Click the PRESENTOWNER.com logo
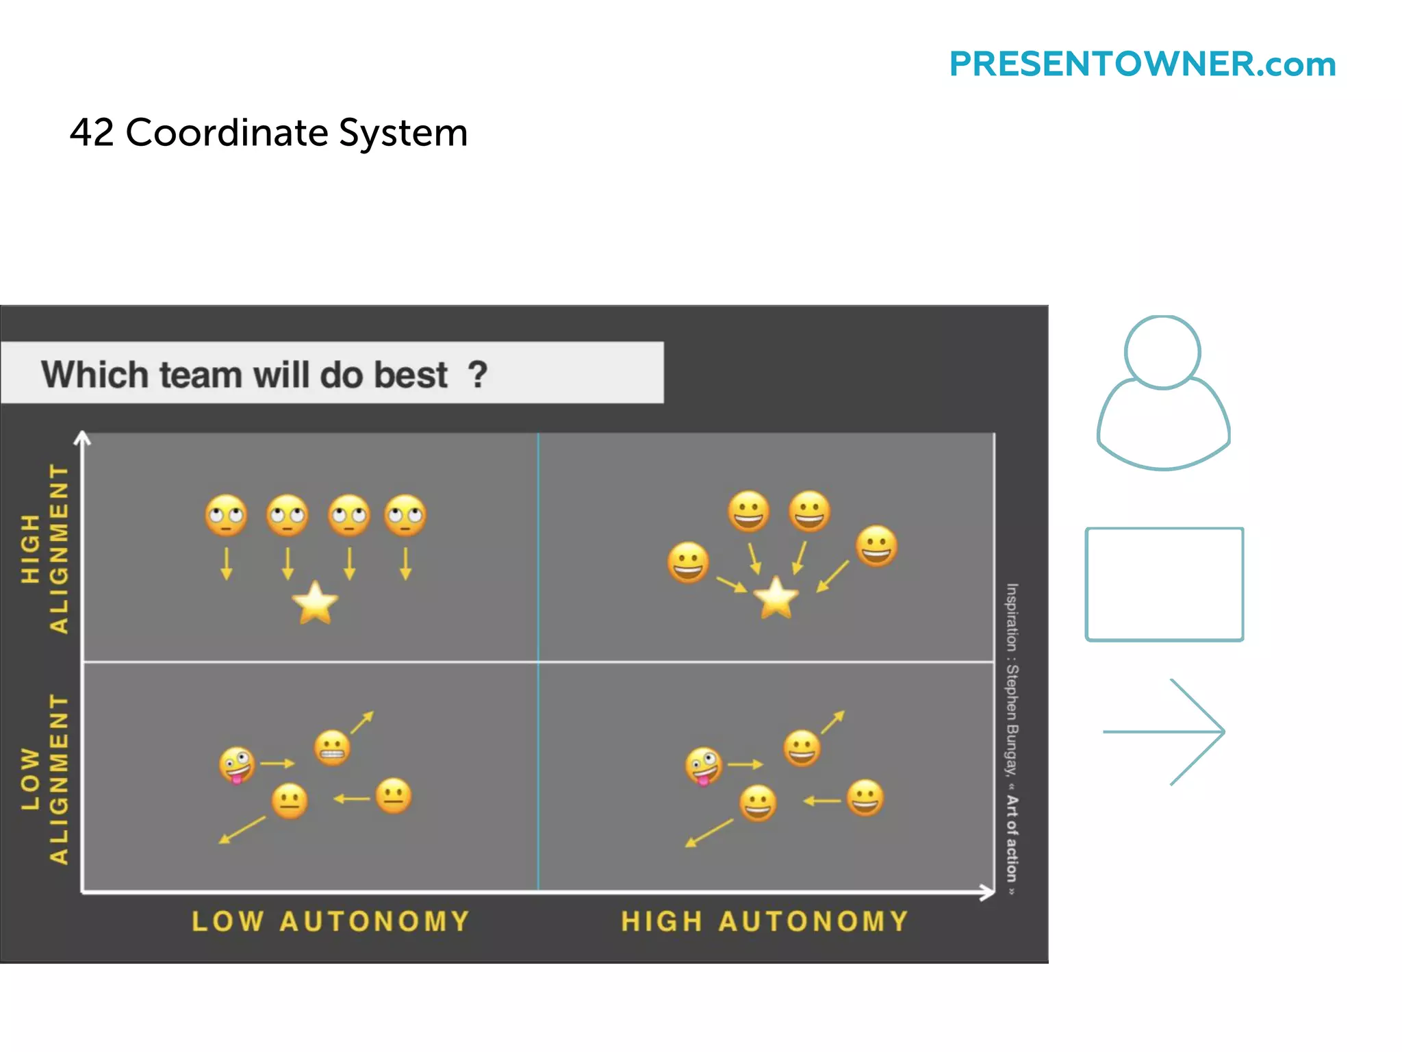[1142, 64]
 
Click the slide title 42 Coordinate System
[268, 132]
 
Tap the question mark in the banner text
[477, 375]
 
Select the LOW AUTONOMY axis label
[331, 921]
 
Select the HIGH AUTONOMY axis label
[765, 921]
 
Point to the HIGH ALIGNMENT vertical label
[45, 548]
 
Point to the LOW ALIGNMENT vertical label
[45, 779]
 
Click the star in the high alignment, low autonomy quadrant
[315, 603]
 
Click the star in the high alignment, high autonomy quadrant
[776, 598]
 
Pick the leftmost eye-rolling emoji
[226, 515]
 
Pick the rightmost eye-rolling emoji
[405, 515]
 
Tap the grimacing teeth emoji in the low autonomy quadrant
[332, 747]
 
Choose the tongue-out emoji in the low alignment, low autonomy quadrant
[237, 764]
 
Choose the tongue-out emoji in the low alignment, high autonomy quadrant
[703, 766]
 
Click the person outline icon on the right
[1163, 394]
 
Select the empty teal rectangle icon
[1164, 584]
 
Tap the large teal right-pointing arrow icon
[1164, 731]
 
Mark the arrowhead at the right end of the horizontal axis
[989, 892]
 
